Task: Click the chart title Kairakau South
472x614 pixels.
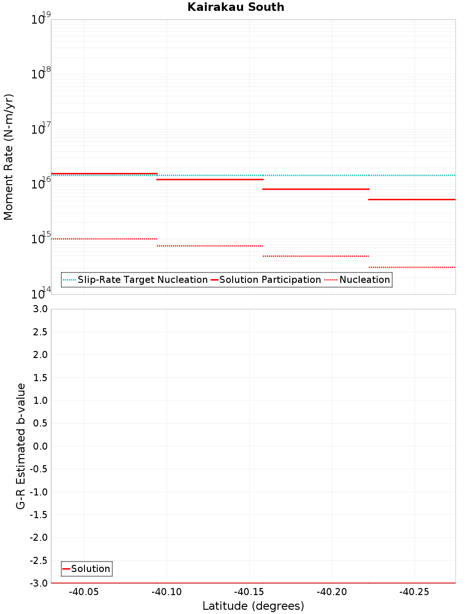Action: (236, 7)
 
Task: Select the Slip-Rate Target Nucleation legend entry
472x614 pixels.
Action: (142, 280)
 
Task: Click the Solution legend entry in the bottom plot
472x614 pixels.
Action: (90, 569)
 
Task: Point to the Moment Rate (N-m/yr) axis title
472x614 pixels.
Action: (8, 157)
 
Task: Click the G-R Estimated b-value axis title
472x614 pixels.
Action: (21, 446)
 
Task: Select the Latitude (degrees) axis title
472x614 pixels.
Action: (253, 606)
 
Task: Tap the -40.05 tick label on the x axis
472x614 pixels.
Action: (84, 592)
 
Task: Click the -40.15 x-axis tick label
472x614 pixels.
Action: (249, 592)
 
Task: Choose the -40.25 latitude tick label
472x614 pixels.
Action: (414, 592)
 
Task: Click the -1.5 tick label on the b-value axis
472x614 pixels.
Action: (39, 514)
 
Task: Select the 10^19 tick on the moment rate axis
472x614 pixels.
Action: (41, 19)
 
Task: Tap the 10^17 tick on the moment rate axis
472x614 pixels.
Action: (41, 129)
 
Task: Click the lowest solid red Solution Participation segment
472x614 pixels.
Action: (412, 199)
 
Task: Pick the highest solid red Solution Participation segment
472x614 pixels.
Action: (104, 173)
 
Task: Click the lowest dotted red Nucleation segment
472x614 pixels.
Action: (412, 267)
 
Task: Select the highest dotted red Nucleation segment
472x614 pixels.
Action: (104, 239)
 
